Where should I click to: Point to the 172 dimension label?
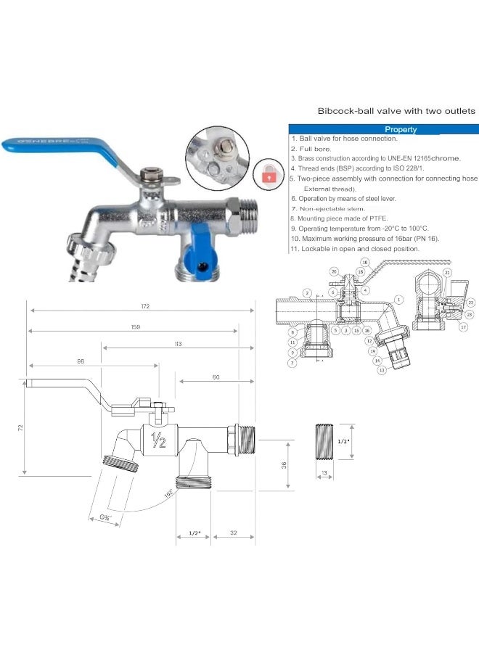coord(145,307)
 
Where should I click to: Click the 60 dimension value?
coord(216,377)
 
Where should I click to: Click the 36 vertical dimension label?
coord(284,464)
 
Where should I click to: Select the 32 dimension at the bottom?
coord(232,533)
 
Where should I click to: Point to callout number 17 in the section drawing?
coord(463,326)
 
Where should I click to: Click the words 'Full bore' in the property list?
coord(314,147)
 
